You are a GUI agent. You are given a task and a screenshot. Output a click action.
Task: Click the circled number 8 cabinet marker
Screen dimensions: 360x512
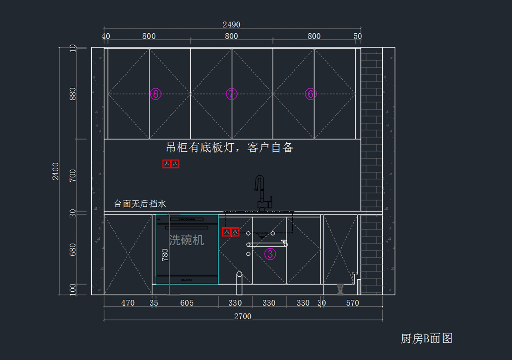coord(156,94)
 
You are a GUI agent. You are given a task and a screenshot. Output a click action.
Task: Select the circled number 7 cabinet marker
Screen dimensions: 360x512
coord(231,94)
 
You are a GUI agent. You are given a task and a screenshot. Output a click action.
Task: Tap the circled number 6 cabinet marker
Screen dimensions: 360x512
coord(311,94)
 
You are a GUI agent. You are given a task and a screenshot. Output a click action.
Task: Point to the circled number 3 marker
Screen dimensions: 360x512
coord(270,254)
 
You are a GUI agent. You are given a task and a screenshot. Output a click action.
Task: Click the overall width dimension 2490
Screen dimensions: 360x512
coord(231,25)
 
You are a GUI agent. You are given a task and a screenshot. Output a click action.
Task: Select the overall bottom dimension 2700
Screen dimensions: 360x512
coord(243,316)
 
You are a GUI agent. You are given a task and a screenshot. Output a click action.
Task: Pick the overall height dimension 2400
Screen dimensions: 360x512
coord(56,171)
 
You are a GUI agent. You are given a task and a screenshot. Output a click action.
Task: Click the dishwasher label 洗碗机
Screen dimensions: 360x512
coord(186,240)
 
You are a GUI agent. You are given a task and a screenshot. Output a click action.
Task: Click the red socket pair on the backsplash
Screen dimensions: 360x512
coord(171,164)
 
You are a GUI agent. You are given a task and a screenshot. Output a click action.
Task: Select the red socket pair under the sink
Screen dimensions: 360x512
coord(231,232)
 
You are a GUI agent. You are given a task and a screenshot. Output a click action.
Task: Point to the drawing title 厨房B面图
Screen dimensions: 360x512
coord(426,339)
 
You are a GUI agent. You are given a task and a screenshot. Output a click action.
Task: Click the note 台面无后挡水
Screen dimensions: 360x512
coord(140,204)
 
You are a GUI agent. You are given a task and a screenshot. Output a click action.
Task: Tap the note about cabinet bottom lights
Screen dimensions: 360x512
coord(230,148)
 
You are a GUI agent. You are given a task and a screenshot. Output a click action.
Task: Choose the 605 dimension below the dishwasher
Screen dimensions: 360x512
coord(187,303)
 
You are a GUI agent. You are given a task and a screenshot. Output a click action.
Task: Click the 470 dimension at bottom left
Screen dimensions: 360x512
coord(128,303)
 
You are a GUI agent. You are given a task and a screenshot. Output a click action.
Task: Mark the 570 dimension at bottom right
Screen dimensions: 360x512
coord(352,303)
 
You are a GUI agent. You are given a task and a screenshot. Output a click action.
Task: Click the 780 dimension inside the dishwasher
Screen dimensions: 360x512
coord(165,255)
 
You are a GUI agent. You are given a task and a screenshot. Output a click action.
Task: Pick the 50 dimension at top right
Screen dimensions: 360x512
coord(358,36)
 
